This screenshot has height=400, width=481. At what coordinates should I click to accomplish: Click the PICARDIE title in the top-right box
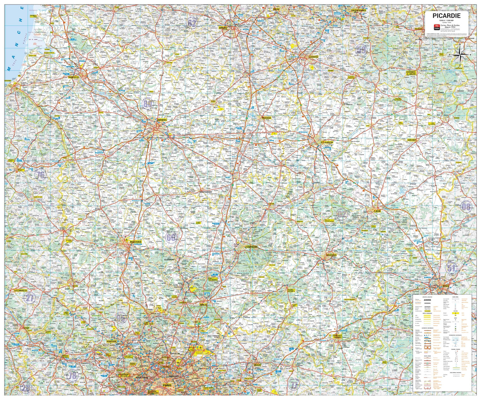tap(447, 16)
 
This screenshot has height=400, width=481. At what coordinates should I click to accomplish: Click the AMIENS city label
tap(162, 120)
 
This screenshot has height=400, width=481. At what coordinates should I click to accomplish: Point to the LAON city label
tap(377, 211)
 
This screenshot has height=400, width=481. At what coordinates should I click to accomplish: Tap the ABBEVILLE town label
tap(74, 77)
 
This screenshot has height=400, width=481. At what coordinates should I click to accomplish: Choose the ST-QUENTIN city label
tap(327, 142)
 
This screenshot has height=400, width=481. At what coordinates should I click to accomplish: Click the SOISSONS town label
tap(331, 255)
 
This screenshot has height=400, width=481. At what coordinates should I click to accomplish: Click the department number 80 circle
tap(148, 104)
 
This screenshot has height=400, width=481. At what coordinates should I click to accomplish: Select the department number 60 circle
tap(171, 238)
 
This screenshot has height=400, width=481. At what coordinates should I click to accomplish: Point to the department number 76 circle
tap(40, 175)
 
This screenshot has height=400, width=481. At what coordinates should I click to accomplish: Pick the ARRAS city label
tap(223, 28)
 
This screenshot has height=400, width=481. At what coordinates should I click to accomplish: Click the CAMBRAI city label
tap(313, 57)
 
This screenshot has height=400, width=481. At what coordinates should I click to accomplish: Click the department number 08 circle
tap(466, 207)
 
